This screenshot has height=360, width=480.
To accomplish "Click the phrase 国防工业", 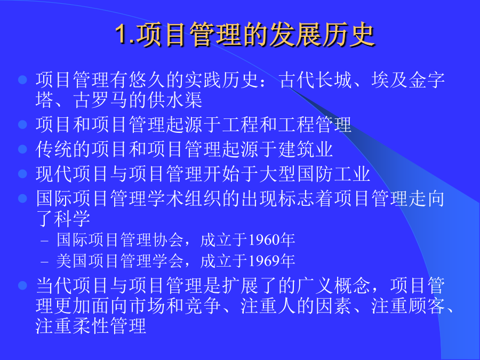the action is pos(333,174).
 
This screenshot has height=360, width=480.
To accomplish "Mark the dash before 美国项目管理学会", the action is pos(45,262).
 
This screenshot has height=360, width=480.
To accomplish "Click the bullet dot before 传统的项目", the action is pos(22,149).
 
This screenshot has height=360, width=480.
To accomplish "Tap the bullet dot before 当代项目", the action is pos(22,285).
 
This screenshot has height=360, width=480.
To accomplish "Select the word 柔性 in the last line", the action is pos(90,326).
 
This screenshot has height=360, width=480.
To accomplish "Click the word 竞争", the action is pos(203,306).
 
